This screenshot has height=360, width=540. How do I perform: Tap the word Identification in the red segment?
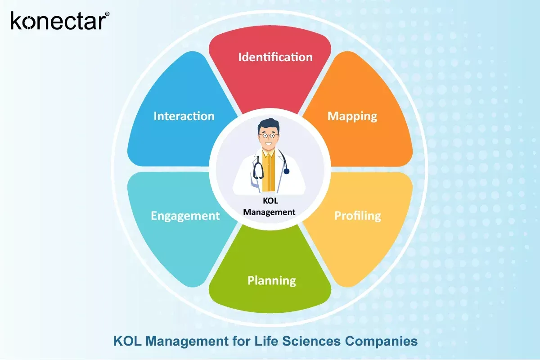click(x=275, y=57)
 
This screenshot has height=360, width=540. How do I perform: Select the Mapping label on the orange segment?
click(x=352, y=116)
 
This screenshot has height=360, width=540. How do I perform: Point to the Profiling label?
click(x=357, y=216)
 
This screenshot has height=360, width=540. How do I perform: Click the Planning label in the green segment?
click(x=272, y=281)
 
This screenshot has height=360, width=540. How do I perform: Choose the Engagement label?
click(x=185, y=216)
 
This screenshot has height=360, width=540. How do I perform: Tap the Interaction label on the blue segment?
click(x=184, y=116)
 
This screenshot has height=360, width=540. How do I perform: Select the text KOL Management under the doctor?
click(x=269, y=206)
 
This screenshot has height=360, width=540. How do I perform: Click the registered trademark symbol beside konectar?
click(x=107, y=14)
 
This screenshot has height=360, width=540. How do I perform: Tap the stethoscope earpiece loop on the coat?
click(x=258, y=171)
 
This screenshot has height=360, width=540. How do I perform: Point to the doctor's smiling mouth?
click(x=270, y=145)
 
